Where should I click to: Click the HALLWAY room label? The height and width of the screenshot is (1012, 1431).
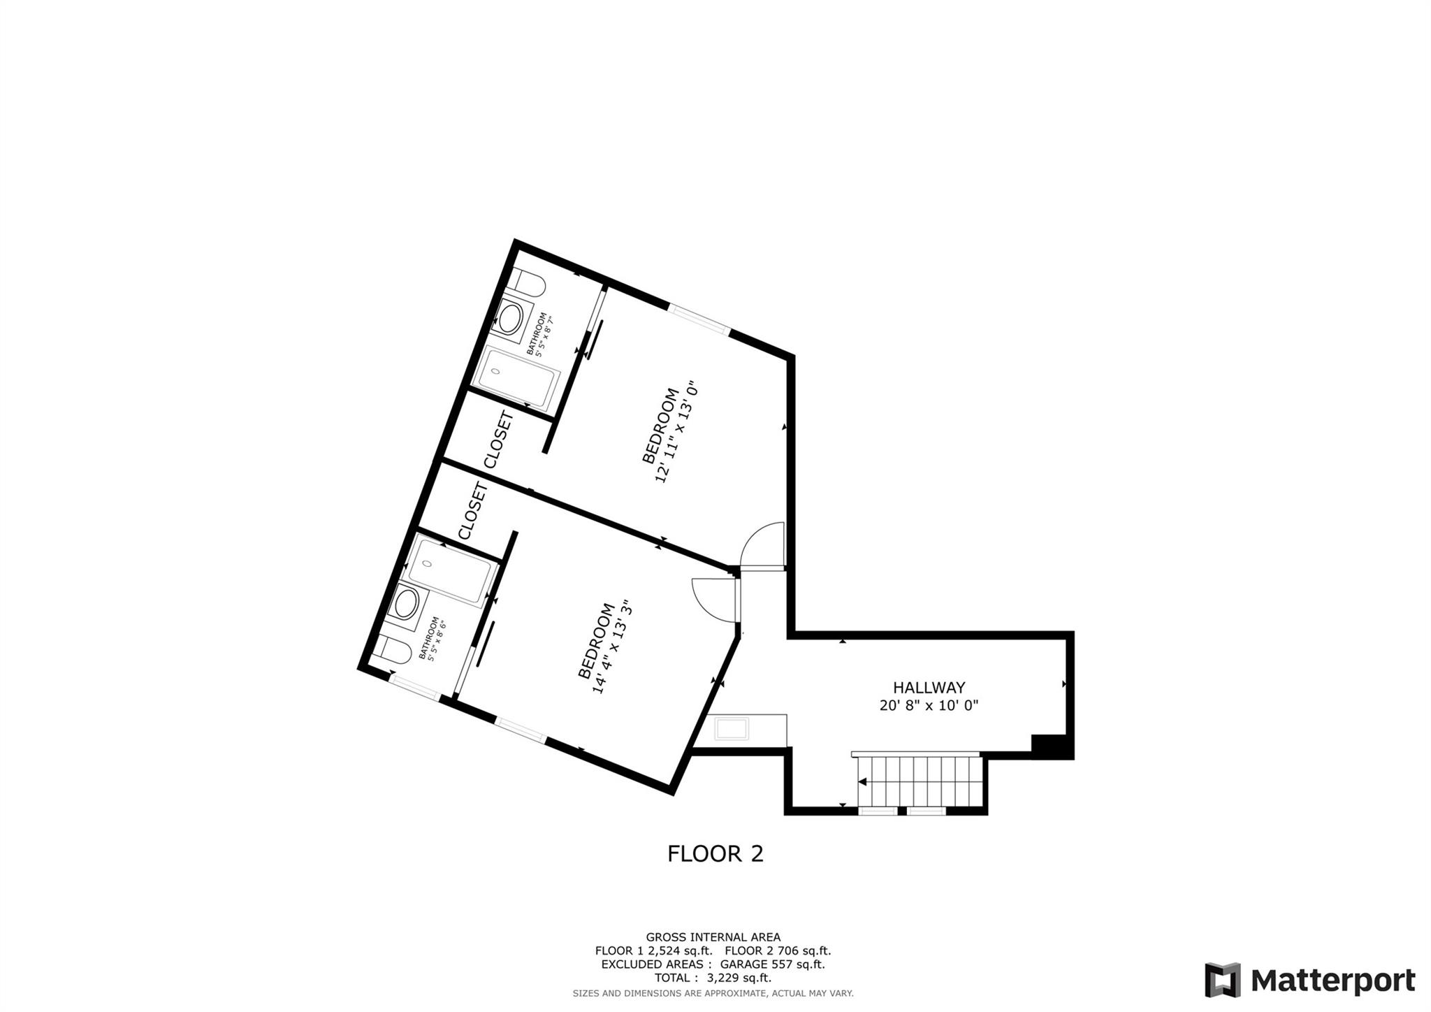pos(929,688)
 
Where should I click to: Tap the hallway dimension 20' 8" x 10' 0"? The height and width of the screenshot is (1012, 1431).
pos(929,706)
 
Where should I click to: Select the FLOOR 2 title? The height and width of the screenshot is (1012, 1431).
pos(715,854)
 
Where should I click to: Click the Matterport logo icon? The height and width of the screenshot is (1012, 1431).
pos(1222,980)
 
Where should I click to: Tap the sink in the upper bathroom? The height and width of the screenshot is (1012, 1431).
pos(511,319)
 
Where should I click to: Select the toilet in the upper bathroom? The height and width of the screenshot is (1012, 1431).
pos(527,283)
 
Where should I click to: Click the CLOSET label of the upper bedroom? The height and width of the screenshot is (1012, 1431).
pos(500,440)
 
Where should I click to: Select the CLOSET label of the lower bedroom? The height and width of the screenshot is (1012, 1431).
pos(473,511)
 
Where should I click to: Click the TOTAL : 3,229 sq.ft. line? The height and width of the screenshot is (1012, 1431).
pos(713,978)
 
